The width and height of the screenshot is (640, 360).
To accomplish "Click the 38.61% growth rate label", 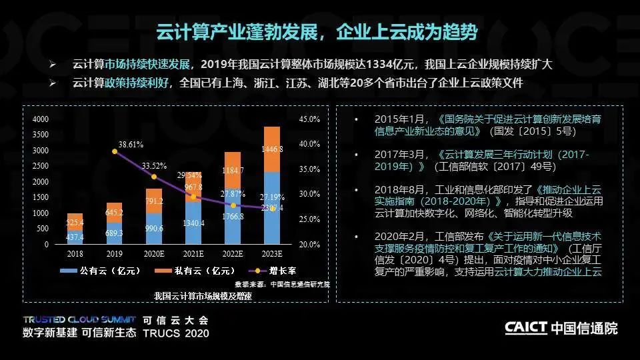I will [x=131, y=144].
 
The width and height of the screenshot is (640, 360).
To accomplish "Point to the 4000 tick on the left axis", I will [x=41, y=119].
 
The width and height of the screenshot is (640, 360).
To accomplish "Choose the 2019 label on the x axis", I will [x=114, y=254].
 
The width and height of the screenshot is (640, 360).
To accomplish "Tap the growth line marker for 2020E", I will [x=154, y=177].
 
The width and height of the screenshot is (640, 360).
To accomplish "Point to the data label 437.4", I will [x=75, y=237].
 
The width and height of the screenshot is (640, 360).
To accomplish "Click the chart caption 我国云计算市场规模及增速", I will [x=193, y=295].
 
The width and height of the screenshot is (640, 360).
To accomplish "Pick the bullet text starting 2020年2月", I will [x=480, y=254].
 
